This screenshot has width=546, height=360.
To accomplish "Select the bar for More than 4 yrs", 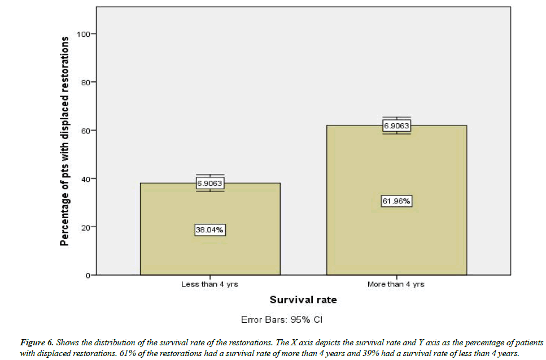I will [396, 237].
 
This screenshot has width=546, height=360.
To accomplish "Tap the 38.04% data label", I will [209, 230].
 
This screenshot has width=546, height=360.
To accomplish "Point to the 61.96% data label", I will [396, 201].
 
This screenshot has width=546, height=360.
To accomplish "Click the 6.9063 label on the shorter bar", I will [209, 183].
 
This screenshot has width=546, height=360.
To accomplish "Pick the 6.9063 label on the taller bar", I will [396, 126].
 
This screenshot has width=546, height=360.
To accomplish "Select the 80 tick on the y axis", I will [86, 82].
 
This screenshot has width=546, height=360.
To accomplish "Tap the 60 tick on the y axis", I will [86, 131].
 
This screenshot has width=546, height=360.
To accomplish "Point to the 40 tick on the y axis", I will [86, 179].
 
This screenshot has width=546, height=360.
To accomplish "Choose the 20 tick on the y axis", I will [86, 227].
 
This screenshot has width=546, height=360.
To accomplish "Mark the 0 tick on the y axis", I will [88, 275].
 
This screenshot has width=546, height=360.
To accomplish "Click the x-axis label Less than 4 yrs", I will [209, 284].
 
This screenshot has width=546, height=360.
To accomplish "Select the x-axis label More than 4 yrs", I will [396, 284].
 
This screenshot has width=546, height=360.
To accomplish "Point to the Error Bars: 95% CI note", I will [281, 320].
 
